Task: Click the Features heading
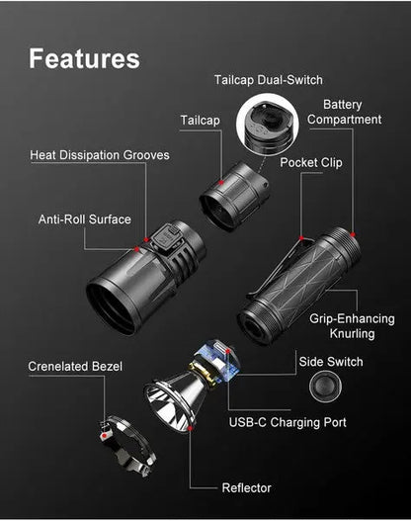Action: pos(84,58)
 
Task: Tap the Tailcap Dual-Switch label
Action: pos(269,80)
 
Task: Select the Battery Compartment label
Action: pos(344,112)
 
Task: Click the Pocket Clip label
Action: pos(311,162)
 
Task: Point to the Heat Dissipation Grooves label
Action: pos(100,155)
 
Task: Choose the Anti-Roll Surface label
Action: pos(84,219)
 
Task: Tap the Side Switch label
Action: pos(331,362)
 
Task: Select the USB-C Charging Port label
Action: pos(288,422)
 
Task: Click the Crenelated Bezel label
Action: pos(76,367)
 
